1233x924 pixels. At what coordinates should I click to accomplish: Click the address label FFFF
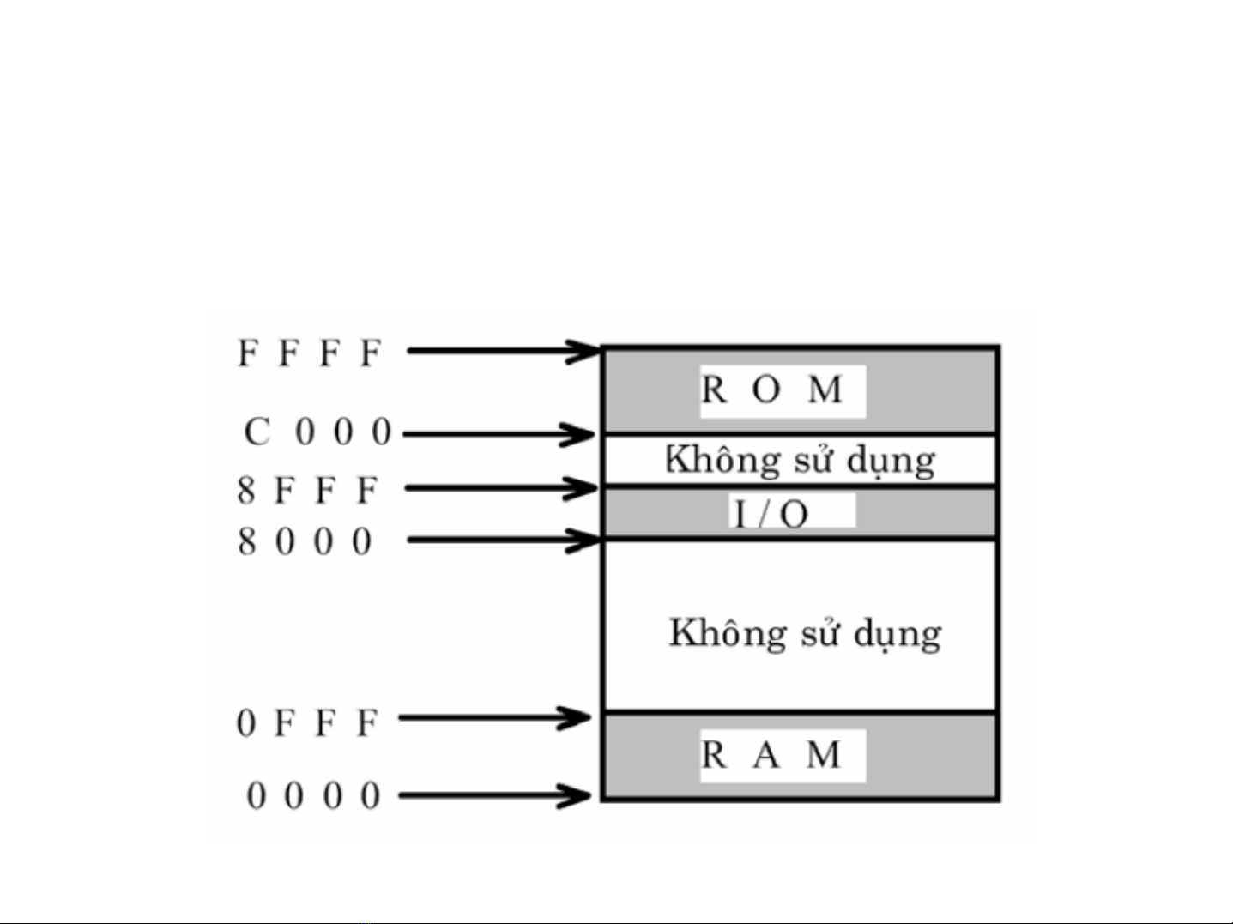(x=310, y=353)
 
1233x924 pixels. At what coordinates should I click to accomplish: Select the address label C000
(x=317, y=432)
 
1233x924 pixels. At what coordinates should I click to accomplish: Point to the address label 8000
(x=305, y=541)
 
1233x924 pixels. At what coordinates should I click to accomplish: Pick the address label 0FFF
(x=307, y=722)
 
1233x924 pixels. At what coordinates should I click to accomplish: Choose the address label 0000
(x=313, y=795)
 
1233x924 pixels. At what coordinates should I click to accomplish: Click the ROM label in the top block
(x=772, y=390)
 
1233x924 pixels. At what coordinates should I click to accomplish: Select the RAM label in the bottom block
(x=771, y=755)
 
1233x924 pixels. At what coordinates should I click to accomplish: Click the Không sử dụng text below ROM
(x=800, y=461)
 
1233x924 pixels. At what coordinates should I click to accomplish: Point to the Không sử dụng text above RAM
(x=805, y=634)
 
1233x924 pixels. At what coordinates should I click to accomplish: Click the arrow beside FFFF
(x=504, y=350)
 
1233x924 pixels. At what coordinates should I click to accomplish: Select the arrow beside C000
(x=499, y=434)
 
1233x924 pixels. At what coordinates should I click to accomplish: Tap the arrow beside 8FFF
(x=501, y=488)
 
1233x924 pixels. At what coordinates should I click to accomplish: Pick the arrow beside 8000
(x=504, y=540)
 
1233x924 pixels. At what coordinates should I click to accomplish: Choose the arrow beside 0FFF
(x=495, y=717)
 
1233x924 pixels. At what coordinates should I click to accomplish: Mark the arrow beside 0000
(x=495, y=795)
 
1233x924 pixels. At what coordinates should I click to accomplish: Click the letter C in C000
(x=257, y=432)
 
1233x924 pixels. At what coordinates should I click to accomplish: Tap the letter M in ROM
(x=825, y=390)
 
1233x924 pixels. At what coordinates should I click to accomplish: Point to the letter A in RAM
(x=766, y=755)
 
